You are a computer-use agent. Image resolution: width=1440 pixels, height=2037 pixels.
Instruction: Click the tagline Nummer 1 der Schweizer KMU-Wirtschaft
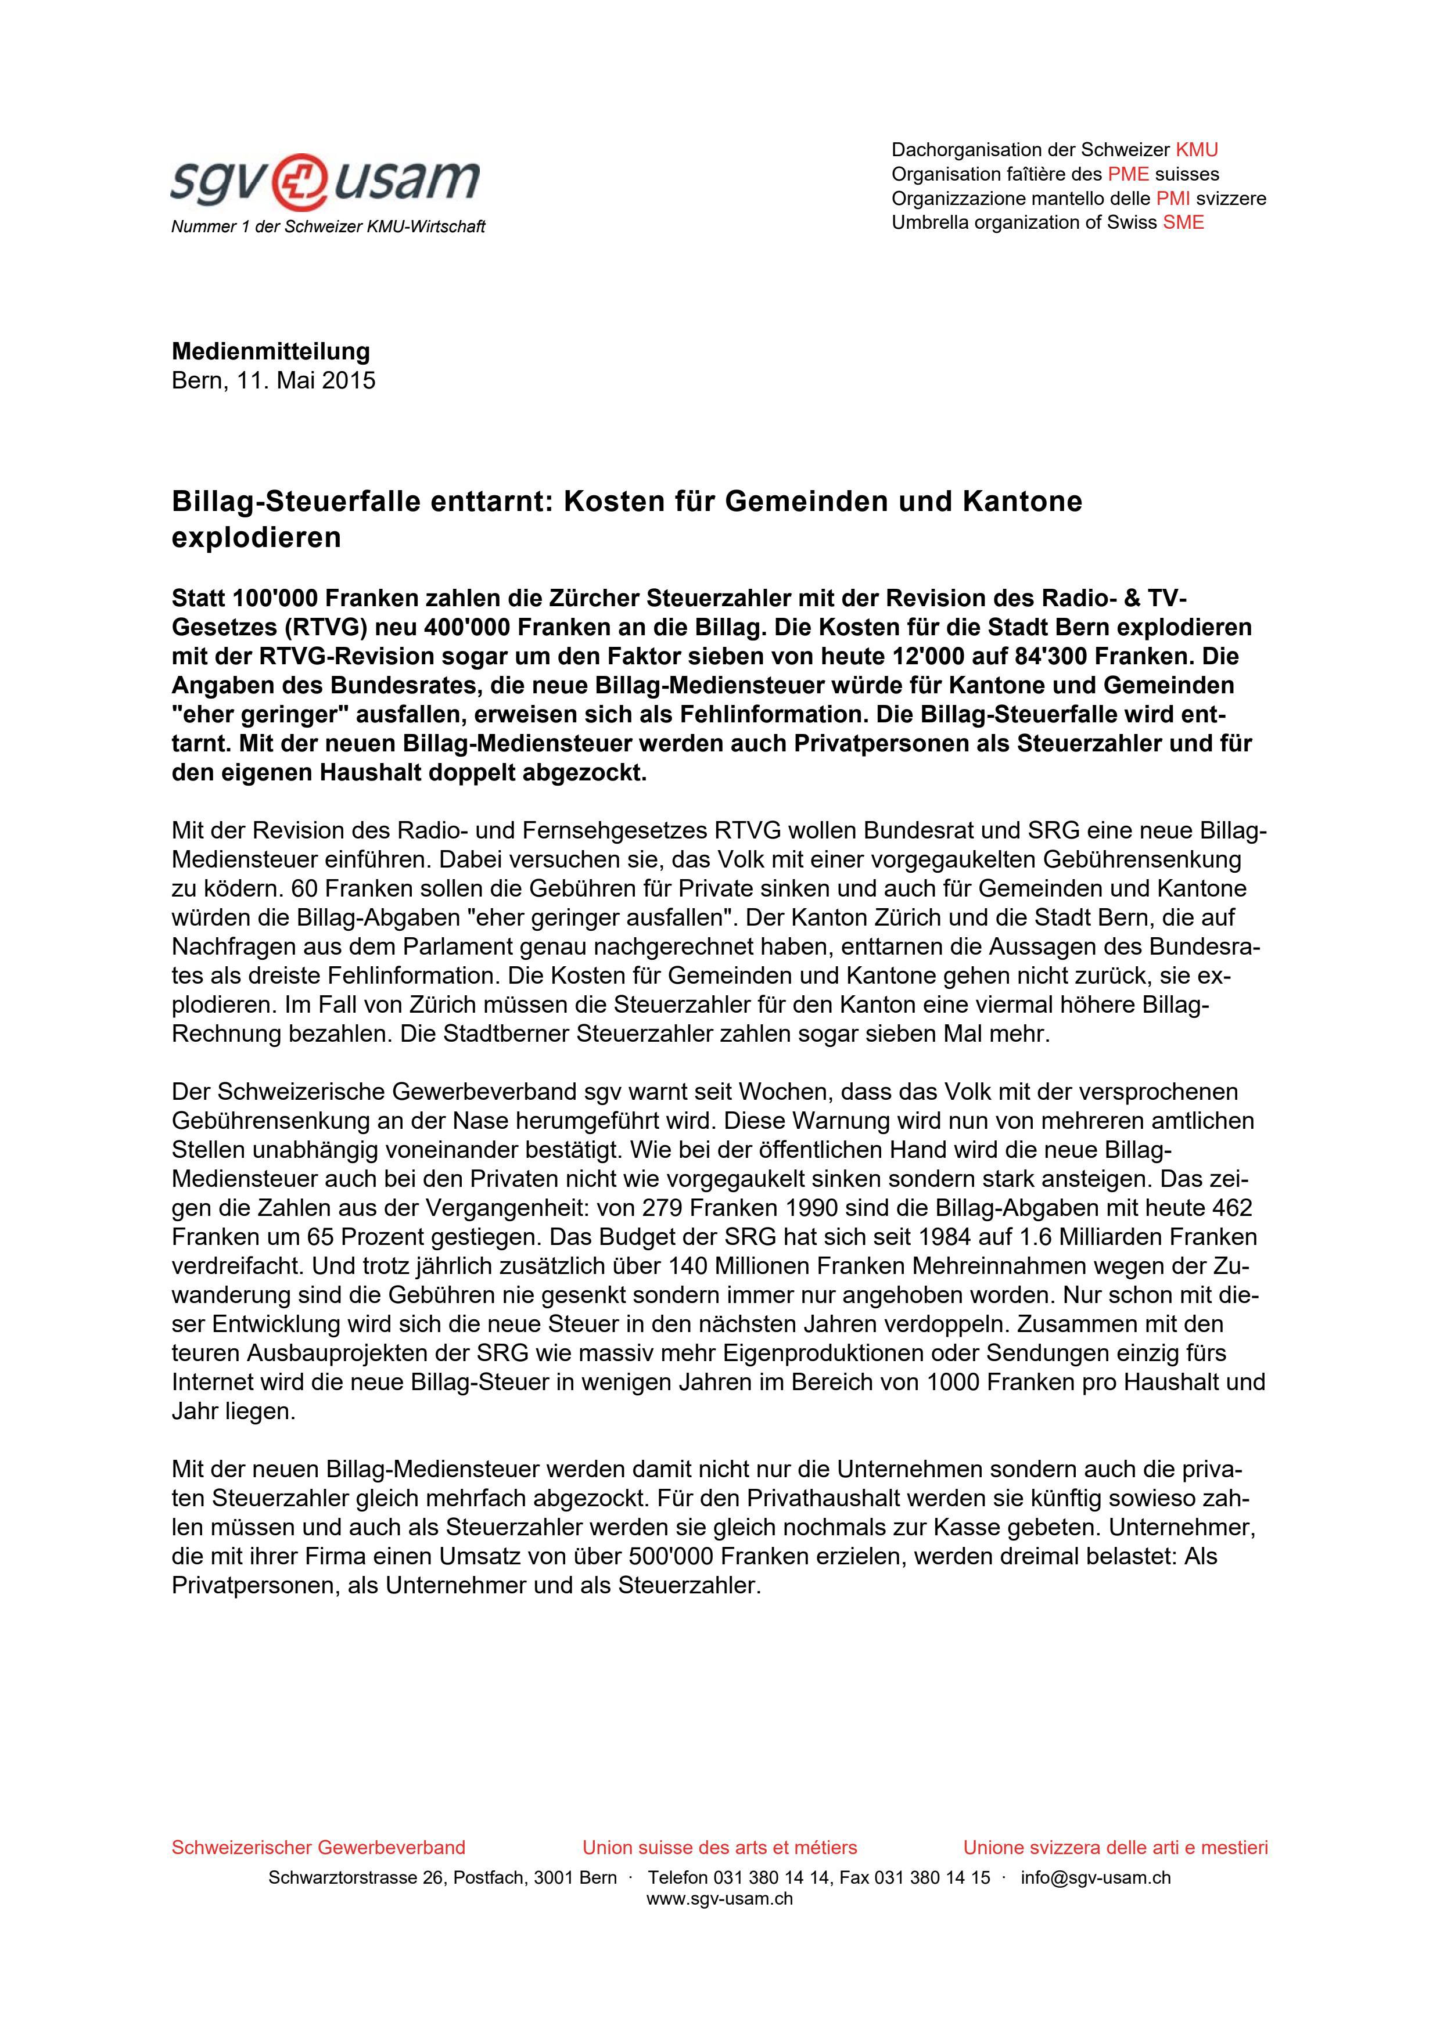coord(328,227)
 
